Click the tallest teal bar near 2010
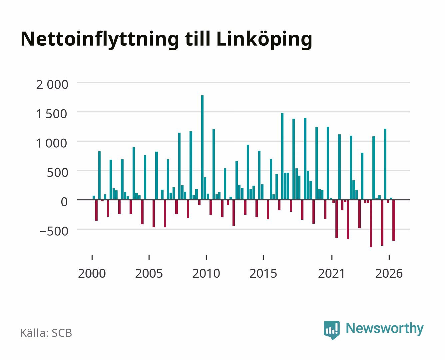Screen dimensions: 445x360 pyautogui.click(x=202, y=147)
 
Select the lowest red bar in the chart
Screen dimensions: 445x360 pyautogui.click(x=371, y=223)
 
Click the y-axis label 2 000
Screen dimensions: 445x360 pyautogui.click(x=52, y=85)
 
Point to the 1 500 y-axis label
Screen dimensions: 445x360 pyautogui.click(x=52, y=114)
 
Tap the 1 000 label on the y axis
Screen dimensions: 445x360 pyautogui.click(x=52, y=143)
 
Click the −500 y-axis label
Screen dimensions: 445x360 pyautogui.click(x=54, y=231)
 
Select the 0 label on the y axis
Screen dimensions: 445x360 pyautogui.click(x=64, y=202)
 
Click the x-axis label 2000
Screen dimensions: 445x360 pyautogui.click(x=92, y=273)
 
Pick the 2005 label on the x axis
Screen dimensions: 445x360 pyautogui.click(x=149, y=273)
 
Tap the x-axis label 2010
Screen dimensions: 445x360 pyautogui.click(x=206, y=273)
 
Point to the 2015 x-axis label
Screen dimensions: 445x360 pyautogui.click(x=263, y=273)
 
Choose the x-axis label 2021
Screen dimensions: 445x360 pyautogui.click(x=331, y=273)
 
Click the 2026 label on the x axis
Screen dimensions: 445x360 pyautogui.click(x=389, y=273)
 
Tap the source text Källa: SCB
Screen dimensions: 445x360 pyautogui.click(x=46, y=333)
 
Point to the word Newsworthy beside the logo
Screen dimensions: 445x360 pyautogui.click(x=385, y=328)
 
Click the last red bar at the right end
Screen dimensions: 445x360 pyautogui.click(x=394, y=220)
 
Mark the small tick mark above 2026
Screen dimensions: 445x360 pyautogui.click(x=389, y=257)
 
